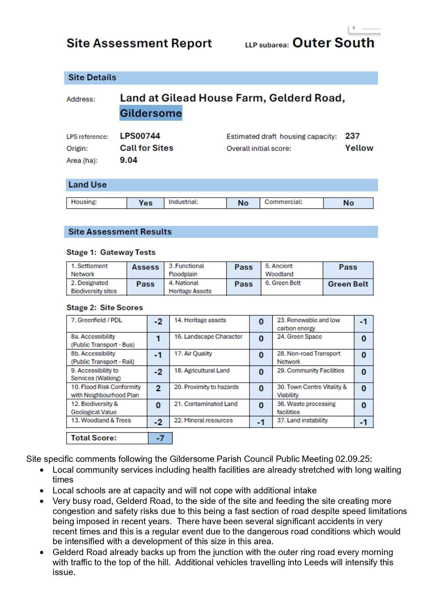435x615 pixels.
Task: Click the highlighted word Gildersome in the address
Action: [151, 113]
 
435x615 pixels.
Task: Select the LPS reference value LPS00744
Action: [140, 136]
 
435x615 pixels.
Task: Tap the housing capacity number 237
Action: [352, 136]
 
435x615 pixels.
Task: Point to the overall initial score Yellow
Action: [359, 148]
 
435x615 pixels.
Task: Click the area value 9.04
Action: [129, 160]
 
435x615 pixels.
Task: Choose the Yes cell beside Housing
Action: [145, 203]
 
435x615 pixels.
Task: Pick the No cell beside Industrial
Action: [243, 203]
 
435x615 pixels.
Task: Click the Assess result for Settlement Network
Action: [145, 267]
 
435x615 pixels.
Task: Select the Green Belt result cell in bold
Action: [348, 284]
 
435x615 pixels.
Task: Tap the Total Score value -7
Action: [160, 438]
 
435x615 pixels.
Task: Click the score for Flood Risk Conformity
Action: [158, 388]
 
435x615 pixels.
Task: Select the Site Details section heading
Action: [92, 77]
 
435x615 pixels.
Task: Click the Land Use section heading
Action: [88, 185]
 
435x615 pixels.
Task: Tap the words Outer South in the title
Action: [333, 43]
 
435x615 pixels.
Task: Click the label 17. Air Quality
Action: [193, 354]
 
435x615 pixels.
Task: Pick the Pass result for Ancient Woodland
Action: [348, 267]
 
